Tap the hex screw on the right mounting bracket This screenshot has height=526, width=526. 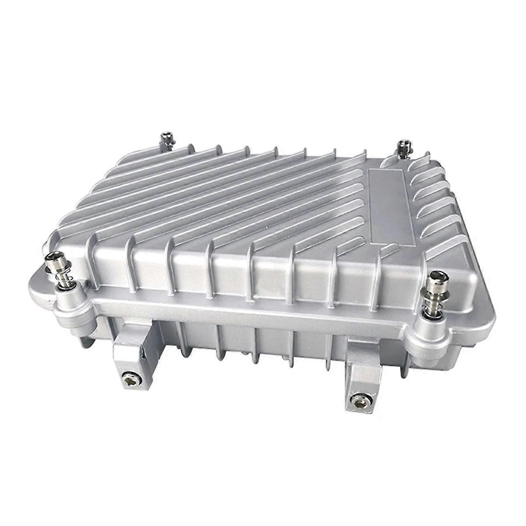356,399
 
